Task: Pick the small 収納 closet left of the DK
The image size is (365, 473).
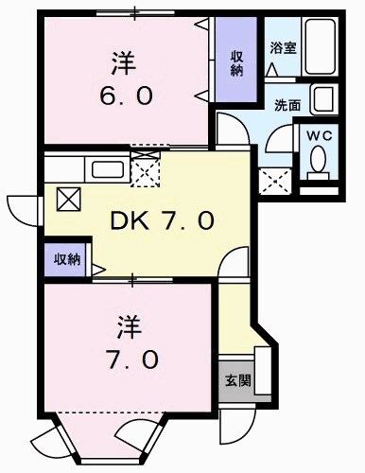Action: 65,258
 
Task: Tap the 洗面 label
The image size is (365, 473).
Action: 287,105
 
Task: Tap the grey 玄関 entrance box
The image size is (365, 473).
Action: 236,381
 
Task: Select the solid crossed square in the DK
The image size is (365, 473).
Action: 70,199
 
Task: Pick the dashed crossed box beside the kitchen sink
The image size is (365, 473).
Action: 148,171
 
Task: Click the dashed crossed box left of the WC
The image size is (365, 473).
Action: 274,179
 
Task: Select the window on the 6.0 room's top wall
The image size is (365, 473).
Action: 132,12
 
